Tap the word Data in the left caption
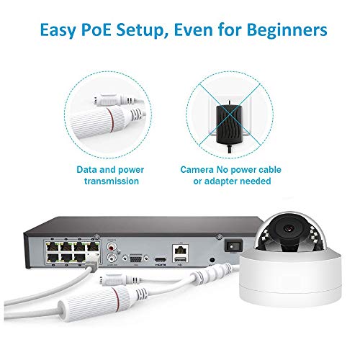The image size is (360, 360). pos(89,170)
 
